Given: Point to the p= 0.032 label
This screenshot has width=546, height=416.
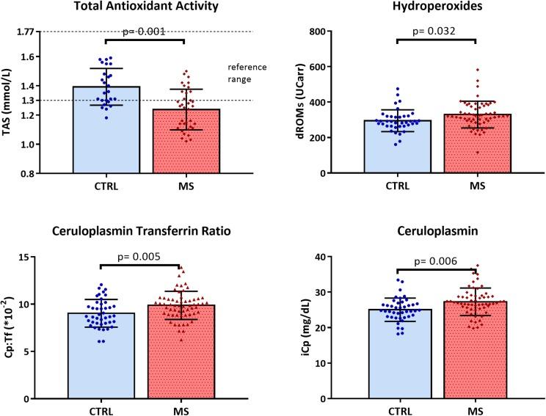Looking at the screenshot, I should click(x=437, y=32).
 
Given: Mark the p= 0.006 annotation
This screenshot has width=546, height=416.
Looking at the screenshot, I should click(x=437, y=261).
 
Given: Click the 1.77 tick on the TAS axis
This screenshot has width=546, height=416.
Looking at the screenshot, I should click(x=24, y=32).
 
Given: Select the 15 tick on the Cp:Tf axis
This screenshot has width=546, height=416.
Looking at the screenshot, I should click(x=29, y=257).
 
